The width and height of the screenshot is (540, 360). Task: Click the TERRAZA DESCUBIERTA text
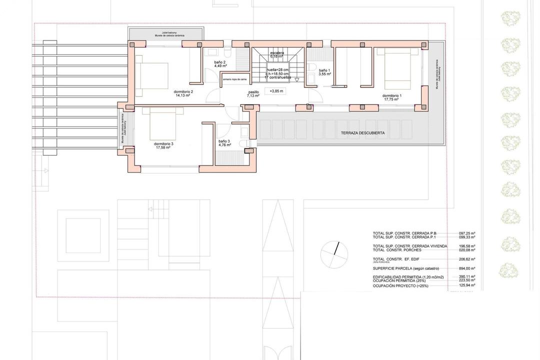click(362, 133)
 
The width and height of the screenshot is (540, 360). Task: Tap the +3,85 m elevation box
click(276, 91)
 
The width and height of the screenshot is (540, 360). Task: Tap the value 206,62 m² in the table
click(466, 259)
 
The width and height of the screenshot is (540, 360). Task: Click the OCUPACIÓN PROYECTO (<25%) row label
click(401, 285)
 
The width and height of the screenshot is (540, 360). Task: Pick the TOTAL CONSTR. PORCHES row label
click(396, 250)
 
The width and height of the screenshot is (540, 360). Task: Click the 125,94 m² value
click(466, 285)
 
